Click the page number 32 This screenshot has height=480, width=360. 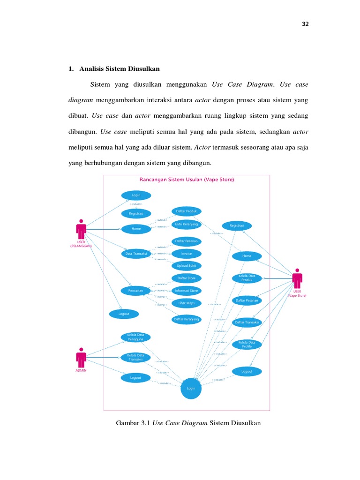(x=305, y=24)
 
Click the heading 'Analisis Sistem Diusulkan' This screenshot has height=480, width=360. (x=120, y=69)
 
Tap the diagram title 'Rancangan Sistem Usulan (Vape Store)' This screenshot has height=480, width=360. (x=187, y=180)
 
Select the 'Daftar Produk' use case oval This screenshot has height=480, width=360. (x=186, y=211)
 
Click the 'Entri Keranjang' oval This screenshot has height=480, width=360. (x=186, y=224)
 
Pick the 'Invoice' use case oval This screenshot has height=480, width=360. (x=186, y=254)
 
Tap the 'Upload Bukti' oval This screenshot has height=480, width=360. (x=186, y=266)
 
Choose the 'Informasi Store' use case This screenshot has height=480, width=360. (x=186, y=291)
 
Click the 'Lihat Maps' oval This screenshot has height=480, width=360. (x=186, y=303)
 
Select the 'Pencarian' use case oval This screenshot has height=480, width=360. (x=135, y=291)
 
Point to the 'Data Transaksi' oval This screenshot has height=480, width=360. (x=136, y=254)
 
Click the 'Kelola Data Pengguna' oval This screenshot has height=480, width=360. (x=135, y=337)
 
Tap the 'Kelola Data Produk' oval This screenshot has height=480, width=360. (x=247, y=278)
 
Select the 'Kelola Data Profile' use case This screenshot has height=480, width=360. (x=247, y=344)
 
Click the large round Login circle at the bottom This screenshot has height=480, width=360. (x=191, y=388)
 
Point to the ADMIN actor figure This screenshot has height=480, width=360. (x=81, y=359)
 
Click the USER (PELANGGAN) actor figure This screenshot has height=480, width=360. (x=81, y=230)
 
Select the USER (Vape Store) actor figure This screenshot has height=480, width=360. (x=297, y=279)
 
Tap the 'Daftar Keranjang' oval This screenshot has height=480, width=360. (x=186, y=319)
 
